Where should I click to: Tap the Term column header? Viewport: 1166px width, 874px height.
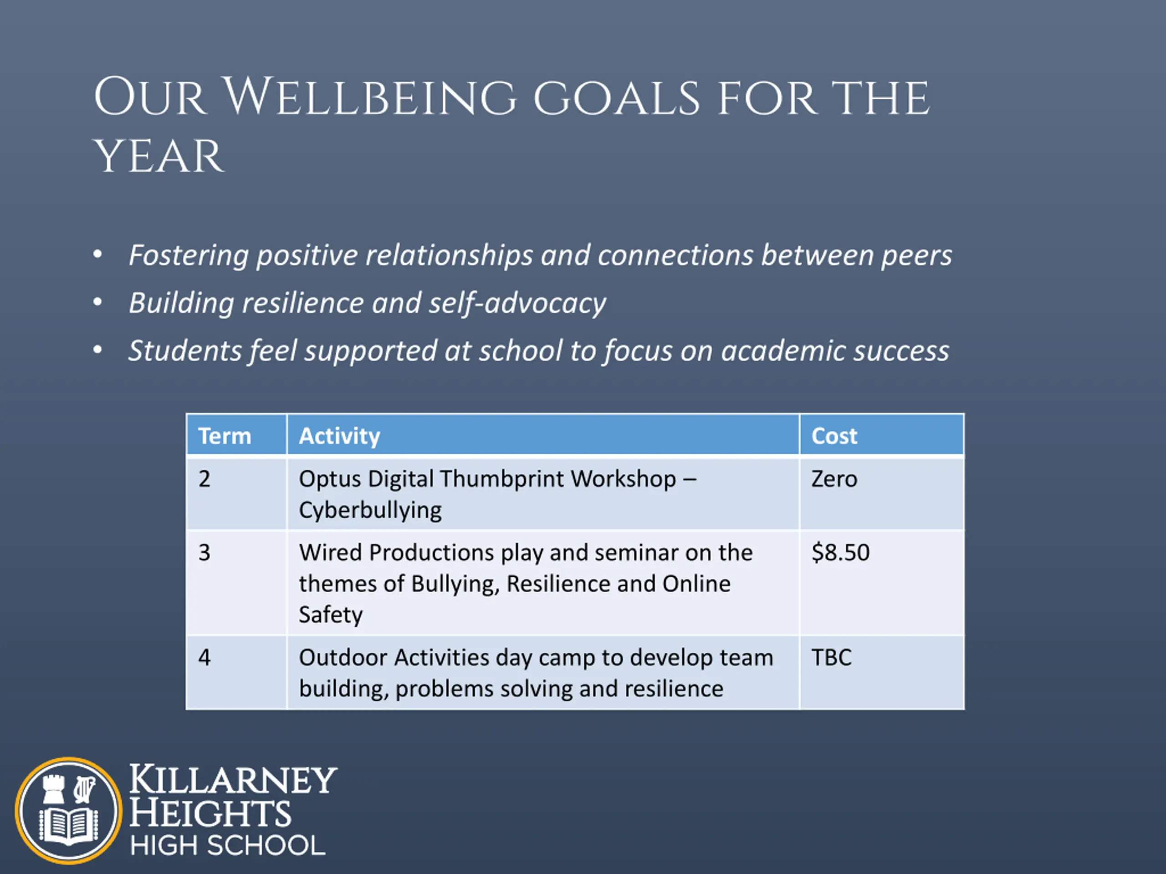(x=225, y=436)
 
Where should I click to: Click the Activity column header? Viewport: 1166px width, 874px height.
(x=339, y=436)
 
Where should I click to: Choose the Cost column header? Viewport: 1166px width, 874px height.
(x=834, y=436)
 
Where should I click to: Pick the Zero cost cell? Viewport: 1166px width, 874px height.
(x=834, y=479)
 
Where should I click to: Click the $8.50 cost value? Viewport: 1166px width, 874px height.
(x=841, y=553)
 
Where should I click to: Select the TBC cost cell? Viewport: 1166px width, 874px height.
(x=831, y=657)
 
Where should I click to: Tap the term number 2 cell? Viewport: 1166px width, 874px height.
(x=205, y=479)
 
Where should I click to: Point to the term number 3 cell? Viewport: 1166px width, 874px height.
(x=205, y=553)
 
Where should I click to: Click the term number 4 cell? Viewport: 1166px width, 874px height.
(x=205, y=657)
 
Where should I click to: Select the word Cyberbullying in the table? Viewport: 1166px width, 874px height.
(x=370, y=510)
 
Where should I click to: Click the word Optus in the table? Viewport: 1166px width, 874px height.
(x=329, y=479)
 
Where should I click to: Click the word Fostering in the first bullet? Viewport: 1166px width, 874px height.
(x=189, y=256)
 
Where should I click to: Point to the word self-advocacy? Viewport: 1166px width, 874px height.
(x=517, y=304)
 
